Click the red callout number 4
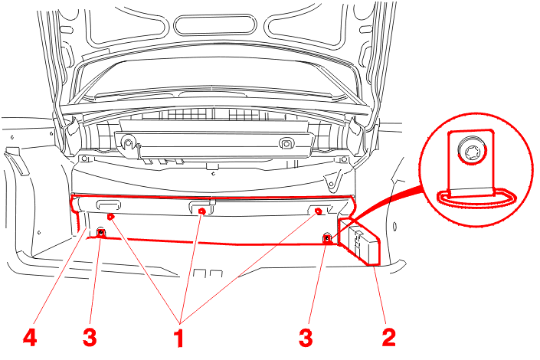pyautogui.click(x=30, y=337)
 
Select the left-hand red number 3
pyautogui.click(x=90, y=337)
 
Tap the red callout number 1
pyautogui.click(x=179, y=338)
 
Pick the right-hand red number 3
pyautogui.click(x=306, y=337)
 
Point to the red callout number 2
pyautogui.click(x=389, y=337)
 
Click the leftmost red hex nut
pyautogui.click(x=110, y=216)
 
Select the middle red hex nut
pyautogui.click(x=202, y=211)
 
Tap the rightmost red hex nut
pyautogui.click(x=319, y=211)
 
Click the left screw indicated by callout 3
pyautogui.click(x=100, y=232)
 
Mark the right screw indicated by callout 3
pyautogui.click(x=327, y=237)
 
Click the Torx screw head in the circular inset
pyautogui.click(x=471, y=151)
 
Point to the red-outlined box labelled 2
pyautogui.click(x=359, y=241)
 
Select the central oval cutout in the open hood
pyautogui.click(x=215, y=24)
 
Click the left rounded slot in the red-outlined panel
pyautogui.click(x=109, y=205)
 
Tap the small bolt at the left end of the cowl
pyautogui.click(x=83, y=159)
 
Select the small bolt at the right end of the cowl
pyautogui.click(x=343, y=159)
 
